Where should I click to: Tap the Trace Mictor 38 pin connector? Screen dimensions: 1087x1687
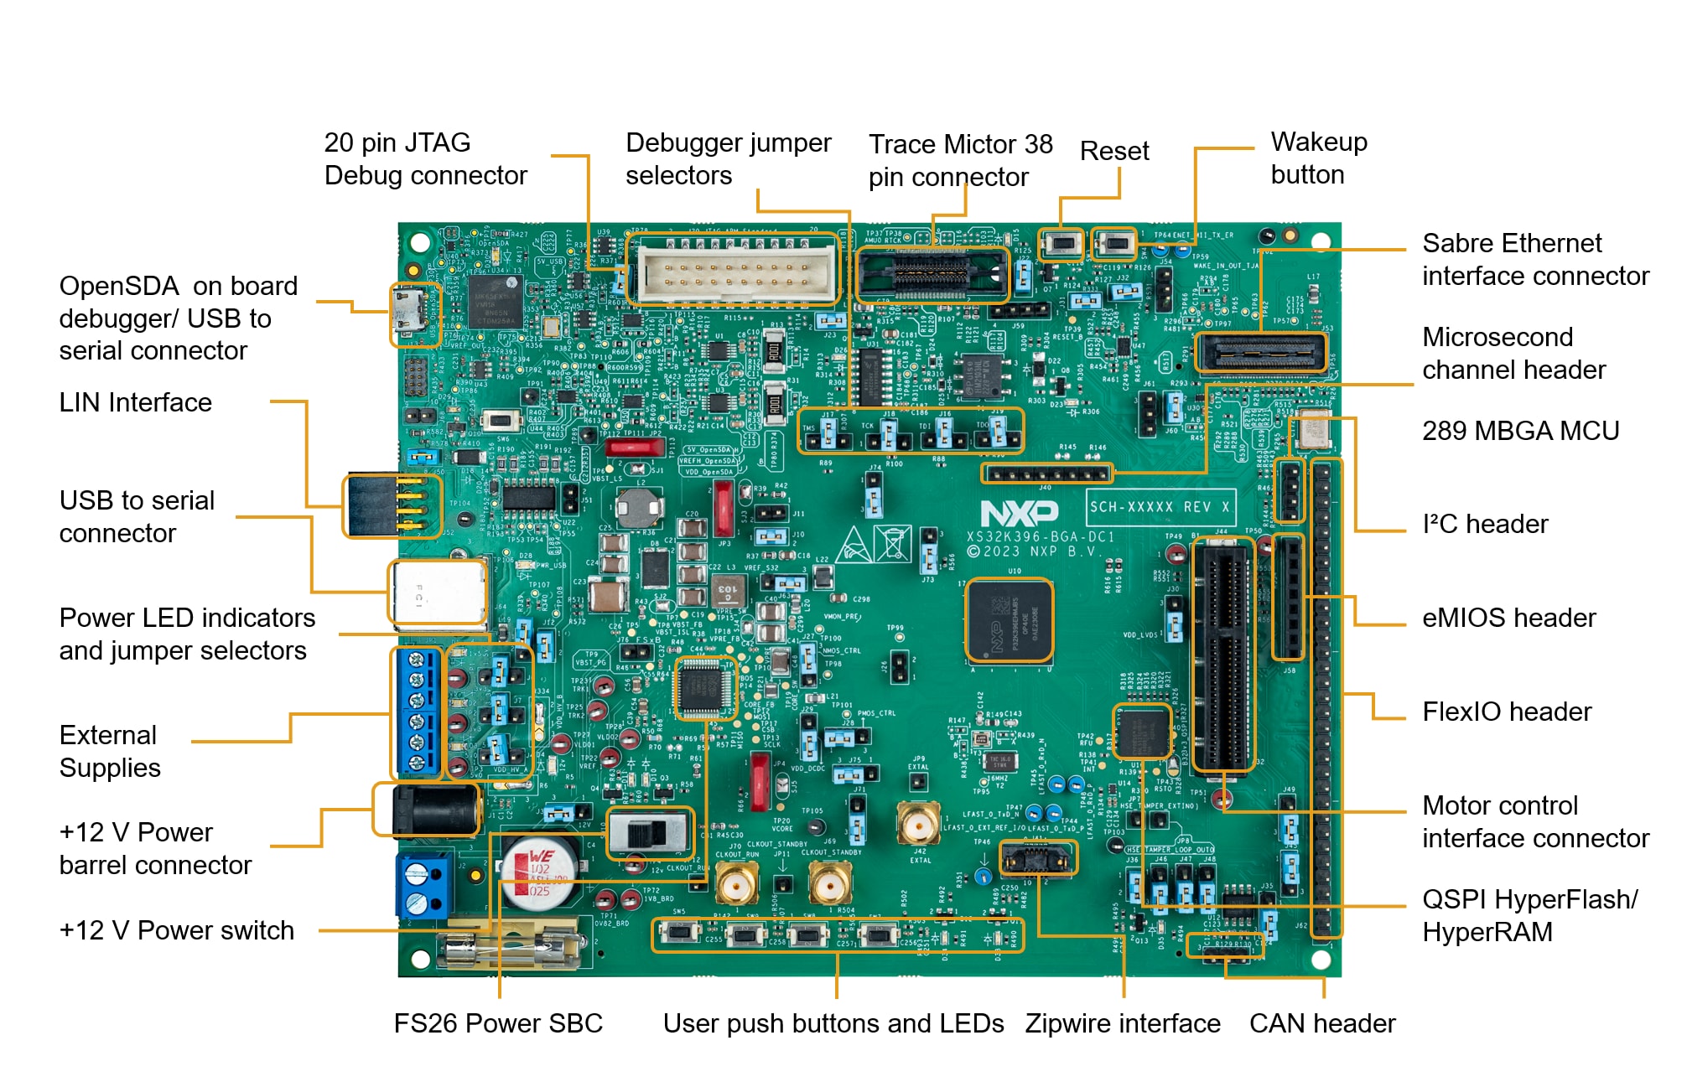pos(932,273)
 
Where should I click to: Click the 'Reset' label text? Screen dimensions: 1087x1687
pos(1113,152)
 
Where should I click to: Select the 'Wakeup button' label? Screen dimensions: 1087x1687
pos(1318,158)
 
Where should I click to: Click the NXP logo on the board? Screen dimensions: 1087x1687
pos(1019,512)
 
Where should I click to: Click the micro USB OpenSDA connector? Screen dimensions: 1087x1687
pos(413,314)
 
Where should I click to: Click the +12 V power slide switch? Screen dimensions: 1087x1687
pos(649,833)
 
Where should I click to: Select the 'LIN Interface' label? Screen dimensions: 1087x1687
pos(135,403)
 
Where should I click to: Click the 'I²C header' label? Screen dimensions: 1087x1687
pos(1484,525)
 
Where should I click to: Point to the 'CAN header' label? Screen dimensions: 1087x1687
pos(1321,1023)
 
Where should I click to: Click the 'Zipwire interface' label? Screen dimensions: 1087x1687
pos(1122,1023)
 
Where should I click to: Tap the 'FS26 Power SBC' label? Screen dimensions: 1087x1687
pos(498,1023)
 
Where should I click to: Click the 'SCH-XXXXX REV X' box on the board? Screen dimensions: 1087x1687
pos(1160,507)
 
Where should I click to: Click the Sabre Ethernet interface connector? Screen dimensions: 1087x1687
pos(1260,352)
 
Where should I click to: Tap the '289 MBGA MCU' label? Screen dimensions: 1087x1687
pos(1520,431)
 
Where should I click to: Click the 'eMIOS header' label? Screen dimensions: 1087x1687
pos(1508,619)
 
